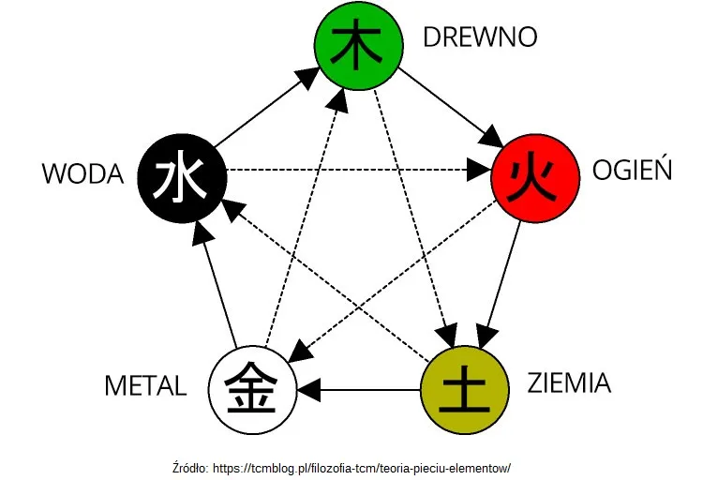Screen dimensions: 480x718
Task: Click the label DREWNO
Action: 479,37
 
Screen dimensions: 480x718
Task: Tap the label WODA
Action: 83,174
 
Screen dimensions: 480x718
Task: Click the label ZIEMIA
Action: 568,383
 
